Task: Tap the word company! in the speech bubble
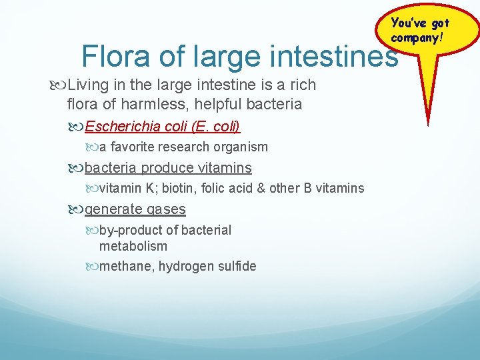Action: click(x=417, y=37)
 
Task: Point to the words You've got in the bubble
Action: click(x=420, y=24)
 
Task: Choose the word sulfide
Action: click(x=236, y=266)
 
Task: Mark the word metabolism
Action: click(x=133, y=246)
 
